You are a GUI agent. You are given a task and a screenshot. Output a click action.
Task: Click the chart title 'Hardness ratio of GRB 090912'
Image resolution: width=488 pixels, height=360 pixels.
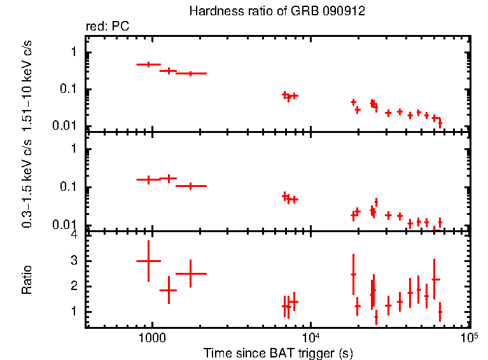click(x=277, y=12)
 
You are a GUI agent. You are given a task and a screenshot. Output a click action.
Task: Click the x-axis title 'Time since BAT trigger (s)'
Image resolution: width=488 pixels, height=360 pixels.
click(x=278, y=353)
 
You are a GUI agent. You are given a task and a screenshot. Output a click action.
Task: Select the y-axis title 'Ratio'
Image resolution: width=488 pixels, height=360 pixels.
click(x=27, y=280)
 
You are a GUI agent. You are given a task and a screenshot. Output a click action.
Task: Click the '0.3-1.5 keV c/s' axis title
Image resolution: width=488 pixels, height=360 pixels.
click(x=27, y=184)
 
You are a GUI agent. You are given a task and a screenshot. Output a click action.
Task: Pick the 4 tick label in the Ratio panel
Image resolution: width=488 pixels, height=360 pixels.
click(x=74, y=235)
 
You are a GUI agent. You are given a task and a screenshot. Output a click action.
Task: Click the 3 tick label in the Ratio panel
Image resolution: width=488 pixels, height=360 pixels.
click(x=74, y=261)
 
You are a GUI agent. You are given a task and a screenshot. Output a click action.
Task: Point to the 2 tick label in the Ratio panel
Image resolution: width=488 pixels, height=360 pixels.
click(x=74, y=286)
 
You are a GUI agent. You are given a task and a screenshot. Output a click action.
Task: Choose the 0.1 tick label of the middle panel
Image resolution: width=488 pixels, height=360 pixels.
click(x=70, y=188)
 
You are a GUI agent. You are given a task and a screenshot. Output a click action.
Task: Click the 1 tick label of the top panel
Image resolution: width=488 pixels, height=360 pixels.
click(x=74, y=52)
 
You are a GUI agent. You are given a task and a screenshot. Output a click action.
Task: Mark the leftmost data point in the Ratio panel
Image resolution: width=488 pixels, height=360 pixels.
click(x=148, y=261)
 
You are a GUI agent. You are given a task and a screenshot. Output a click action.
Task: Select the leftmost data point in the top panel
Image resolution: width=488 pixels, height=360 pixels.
click(x=148, y=64)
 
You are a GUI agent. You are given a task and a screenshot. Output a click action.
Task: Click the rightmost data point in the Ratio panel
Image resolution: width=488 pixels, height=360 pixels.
click(x=440, y=312)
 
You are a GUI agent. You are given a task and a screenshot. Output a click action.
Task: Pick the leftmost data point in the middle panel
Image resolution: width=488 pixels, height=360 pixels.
click(x=148, y=180)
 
